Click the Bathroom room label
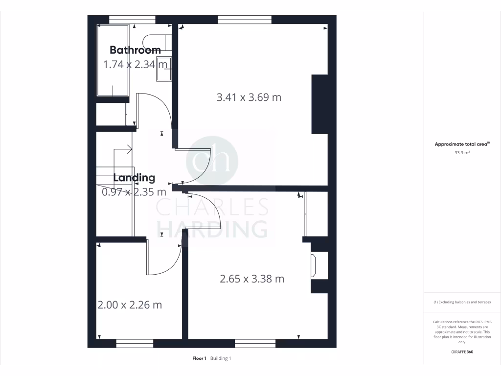[135, 50]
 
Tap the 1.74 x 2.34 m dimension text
[135, 64]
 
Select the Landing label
[134, 178]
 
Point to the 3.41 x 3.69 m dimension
[249, 97]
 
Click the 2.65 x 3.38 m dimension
[252, 279]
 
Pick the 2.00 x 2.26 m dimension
[130, 305]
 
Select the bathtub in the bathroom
[113, 60]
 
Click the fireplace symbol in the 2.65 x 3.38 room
[314, 265]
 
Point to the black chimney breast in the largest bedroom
[319, 104]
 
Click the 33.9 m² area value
[462, 153]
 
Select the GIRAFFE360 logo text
[462, 352]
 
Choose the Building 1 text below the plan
[220, 358]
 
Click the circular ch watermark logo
[212, 161]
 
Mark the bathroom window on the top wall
[132, 19]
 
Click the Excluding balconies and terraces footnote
[462, 302]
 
